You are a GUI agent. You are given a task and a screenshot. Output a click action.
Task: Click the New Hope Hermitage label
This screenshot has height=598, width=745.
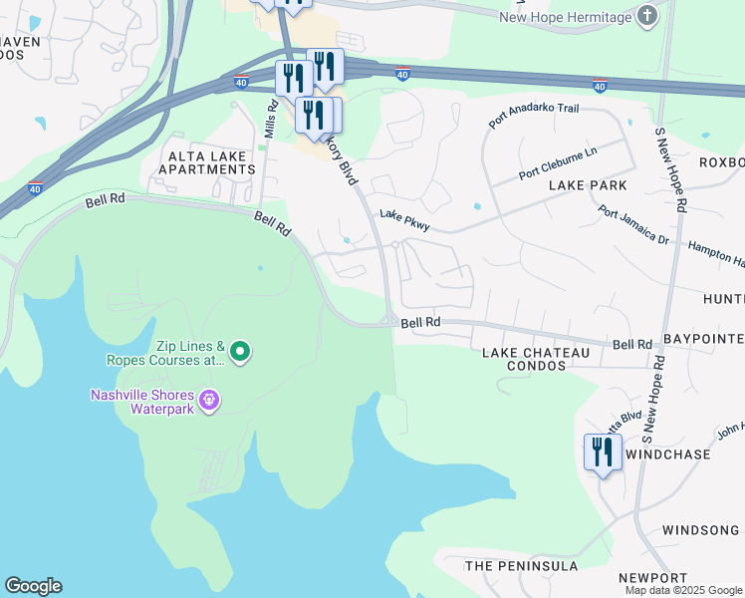coord(565,17)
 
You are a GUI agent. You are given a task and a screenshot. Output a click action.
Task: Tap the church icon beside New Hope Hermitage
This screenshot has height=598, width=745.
coord(647,16)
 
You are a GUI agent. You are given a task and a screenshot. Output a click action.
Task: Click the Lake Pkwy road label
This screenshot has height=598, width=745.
coord(403,221)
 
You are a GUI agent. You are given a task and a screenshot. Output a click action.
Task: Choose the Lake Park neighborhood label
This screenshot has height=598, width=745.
coord(588,185)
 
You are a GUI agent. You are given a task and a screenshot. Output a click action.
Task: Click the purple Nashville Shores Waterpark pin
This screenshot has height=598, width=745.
coord(208,400)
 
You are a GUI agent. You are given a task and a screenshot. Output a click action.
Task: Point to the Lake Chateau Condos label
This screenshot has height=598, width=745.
coord(523,360)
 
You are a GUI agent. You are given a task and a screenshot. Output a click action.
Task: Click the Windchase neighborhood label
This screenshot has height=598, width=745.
coord(667,454)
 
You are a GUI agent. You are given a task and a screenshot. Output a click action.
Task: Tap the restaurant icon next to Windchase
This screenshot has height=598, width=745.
coord(603,452)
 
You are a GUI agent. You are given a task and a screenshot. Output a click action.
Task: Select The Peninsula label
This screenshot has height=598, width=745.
coord(521,566)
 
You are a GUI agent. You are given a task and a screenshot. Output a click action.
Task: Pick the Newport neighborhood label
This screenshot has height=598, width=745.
coord(652,578)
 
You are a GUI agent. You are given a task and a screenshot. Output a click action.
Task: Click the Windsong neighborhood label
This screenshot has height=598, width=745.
coord(701,530)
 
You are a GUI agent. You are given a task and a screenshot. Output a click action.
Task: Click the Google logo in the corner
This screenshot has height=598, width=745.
coord(33,586)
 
